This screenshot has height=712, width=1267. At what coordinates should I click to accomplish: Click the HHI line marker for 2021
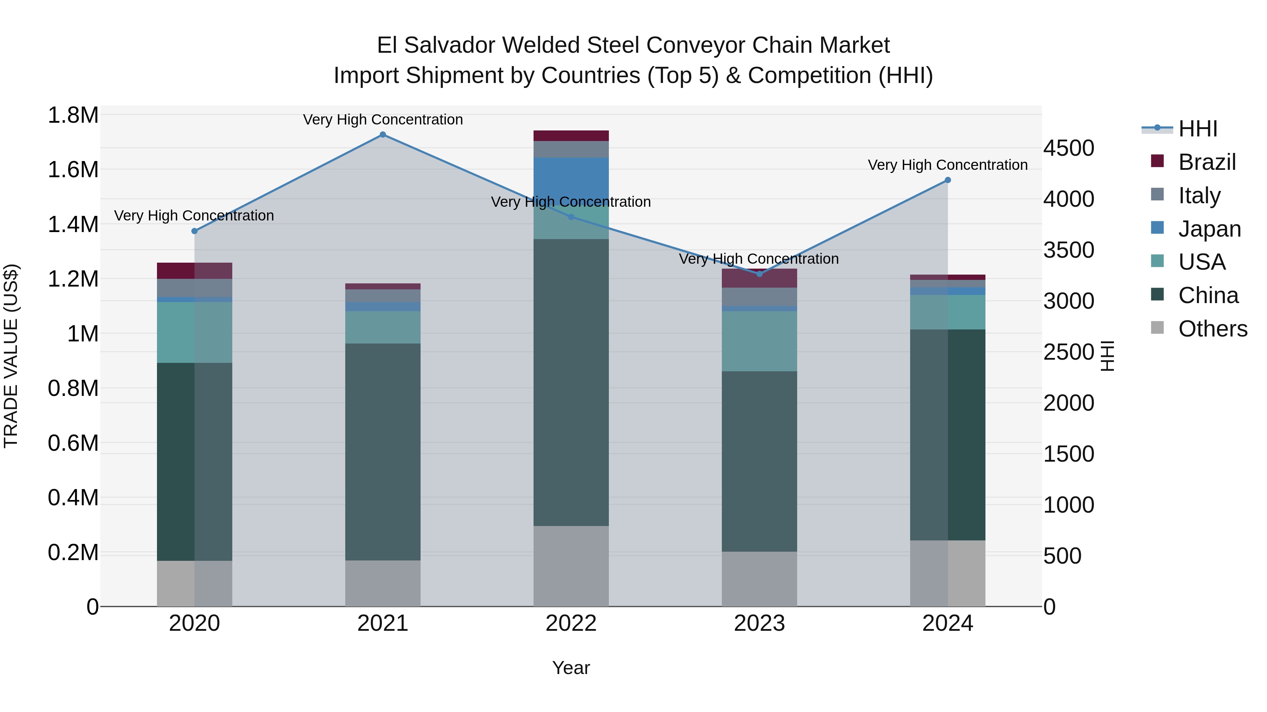click(383, 135)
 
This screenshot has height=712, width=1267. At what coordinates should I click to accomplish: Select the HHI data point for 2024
click(948, 180)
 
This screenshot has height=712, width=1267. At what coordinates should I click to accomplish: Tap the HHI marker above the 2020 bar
click(194, 231)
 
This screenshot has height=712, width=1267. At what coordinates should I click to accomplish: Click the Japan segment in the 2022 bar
click(571, 177)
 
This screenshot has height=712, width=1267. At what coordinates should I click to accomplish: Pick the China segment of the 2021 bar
click(383, 452)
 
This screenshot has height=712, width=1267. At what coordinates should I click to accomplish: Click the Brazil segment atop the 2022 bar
click(571, 136)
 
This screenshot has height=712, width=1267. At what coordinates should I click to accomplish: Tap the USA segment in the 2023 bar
click(759, 341)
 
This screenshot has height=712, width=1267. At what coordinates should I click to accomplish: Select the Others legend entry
click(1212, 329)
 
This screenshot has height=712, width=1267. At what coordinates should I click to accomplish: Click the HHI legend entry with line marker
click(1198, 129)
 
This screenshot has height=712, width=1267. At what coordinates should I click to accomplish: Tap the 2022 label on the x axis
click(571, 623)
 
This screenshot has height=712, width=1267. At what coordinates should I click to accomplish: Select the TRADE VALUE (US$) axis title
click(11, 356)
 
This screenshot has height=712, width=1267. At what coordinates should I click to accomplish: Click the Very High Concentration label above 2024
click(947, 165)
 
